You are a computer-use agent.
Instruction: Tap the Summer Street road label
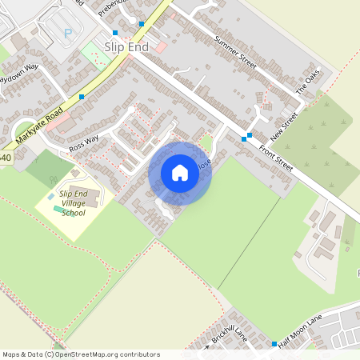point(234,51)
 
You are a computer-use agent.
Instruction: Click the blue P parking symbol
point(68,34)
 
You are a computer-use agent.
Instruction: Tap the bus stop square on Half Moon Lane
point(274,344)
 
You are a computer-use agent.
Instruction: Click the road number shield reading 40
point(6,158)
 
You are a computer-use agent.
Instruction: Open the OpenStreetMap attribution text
point(80,354)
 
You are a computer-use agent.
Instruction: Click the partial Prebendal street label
point(112,8)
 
